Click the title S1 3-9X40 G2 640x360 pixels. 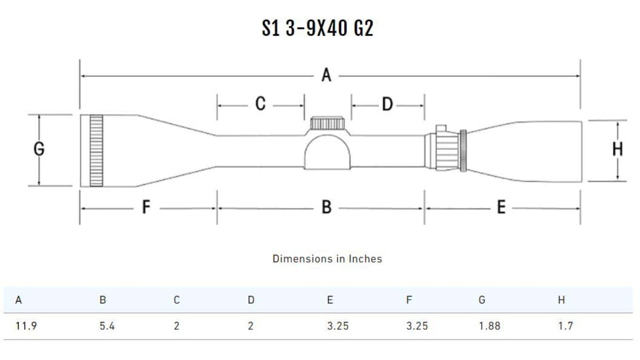tap(317, 28)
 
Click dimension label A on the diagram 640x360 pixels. tap(327, 76)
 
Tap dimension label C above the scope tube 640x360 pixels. tap(260, 104)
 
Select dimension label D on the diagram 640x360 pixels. tap(387, 104)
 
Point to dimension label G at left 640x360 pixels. tap(39, 150)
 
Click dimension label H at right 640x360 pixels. tap(617, 150)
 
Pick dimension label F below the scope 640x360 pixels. tap(147, 207)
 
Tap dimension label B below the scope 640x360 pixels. tap(327, 207)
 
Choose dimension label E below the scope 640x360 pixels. tap(501, 207)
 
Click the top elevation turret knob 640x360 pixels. tap(328, 123)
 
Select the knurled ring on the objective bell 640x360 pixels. tap(97, 150)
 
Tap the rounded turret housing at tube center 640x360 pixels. tap(328, 151)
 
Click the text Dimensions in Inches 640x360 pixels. tap(327, 259)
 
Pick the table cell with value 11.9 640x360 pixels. tap(26, 326)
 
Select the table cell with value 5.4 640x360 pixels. tap(107, 326)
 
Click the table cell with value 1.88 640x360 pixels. tap(489, 326)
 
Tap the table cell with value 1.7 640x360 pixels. tap(565, 326)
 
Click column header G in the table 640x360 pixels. tap(482, 300)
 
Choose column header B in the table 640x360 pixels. tap(103, 300)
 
